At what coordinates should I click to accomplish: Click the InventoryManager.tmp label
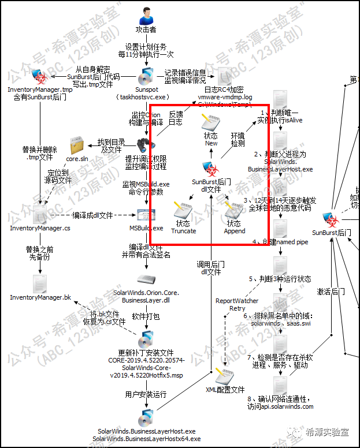[x=40, y=90]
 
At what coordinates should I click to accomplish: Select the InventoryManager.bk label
[x=40, y=297]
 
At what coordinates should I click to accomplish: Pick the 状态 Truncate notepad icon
[x=183, y=211]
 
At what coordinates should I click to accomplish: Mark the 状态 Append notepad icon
[x=233, y=211]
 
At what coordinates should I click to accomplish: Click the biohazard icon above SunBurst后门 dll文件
[x=211, y=169]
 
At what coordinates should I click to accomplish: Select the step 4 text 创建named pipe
[x=280, y=242]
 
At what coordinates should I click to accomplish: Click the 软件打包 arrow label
[x=145, y=317]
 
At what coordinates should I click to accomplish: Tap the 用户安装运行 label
[x=146, y=394]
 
